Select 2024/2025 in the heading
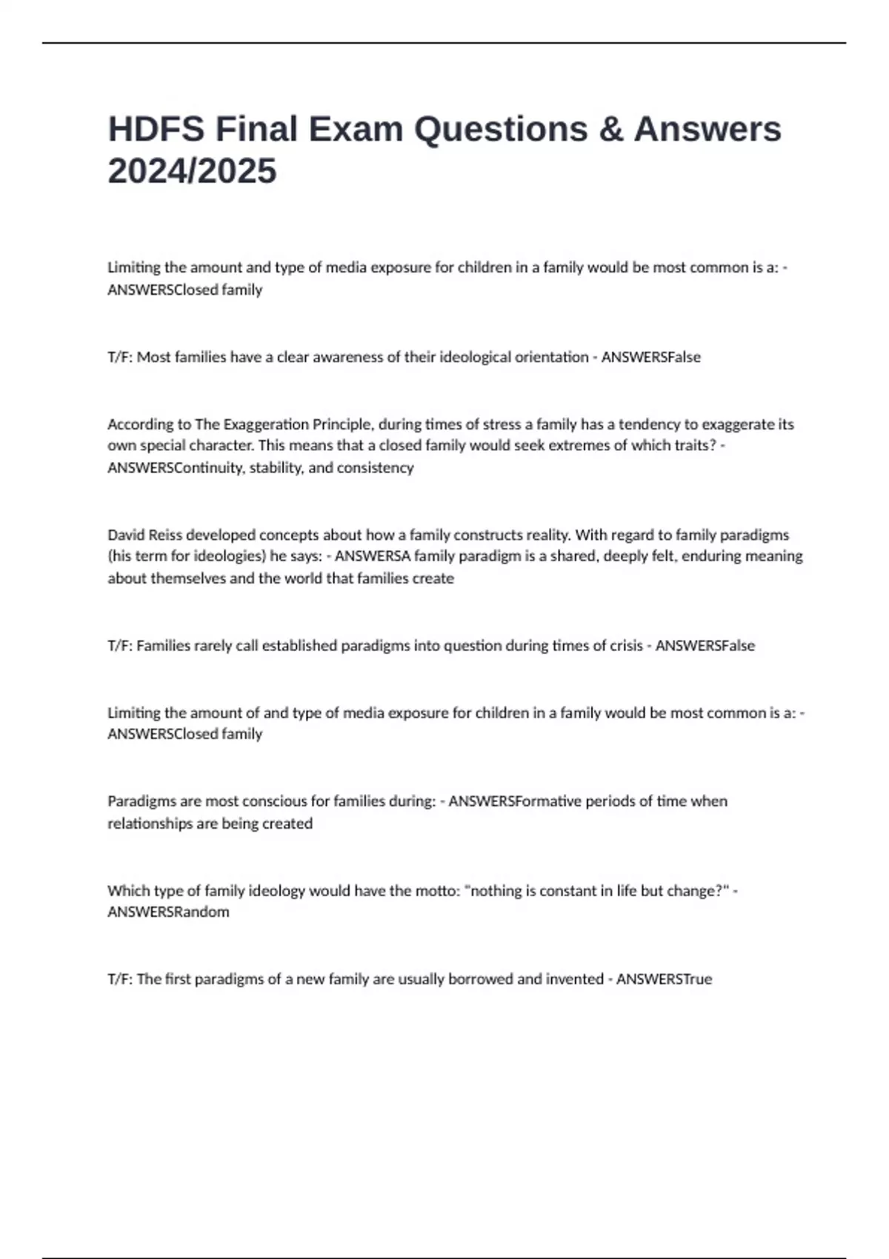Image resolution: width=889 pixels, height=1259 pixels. pyautogui.click(x=192, y=171)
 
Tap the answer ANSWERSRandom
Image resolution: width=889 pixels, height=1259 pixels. pyautogui.click(x=168, y=912)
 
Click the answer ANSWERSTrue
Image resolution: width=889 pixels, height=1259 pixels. pyautogui.click(x=664, y=979)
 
